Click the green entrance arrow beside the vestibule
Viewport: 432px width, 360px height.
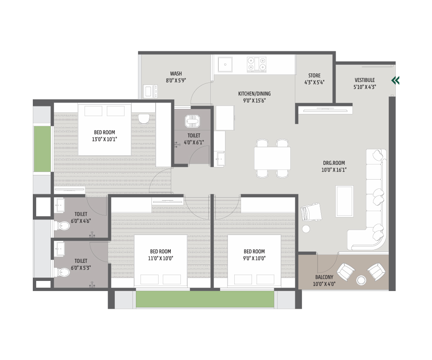click(x=395, y=80)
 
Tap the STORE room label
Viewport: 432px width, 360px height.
click(x=314, y=75)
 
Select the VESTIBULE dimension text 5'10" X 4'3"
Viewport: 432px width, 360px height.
click(x=365, y=87)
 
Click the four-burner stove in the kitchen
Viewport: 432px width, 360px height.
click(x=257, y=64)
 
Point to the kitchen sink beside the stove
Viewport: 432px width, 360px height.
click(x=225, y=64)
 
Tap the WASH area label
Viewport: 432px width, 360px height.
click(x=176, y=74)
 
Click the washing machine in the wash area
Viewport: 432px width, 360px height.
click(x=151, y=91)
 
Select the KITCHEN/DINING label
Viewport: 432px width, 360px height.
click(x=254, y=94)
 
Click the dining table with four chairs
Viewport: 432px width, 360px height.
click(x=272, y=159)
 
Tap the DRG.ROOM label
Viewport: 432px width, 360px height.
click(x=334, y=163)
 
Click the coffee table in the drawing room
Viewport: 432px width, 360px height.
click(x=345, y=201)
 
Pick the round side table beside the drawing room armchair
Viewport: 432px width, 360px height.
click(x=306, y=229)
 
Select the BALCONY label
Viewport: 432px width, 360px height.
click(x=324, y=277)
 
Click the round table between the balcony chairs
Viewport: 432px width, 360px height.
click(x=361, y=280)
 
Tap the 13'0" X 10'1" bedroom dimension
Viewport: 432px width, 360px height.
click(x=104, y=139)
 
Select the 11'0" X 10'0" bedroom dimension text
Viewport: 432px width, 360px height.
click(x=160, y=258)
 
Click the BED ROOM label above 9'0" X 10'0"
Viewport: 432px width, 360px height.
click(x=254, y=251)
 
